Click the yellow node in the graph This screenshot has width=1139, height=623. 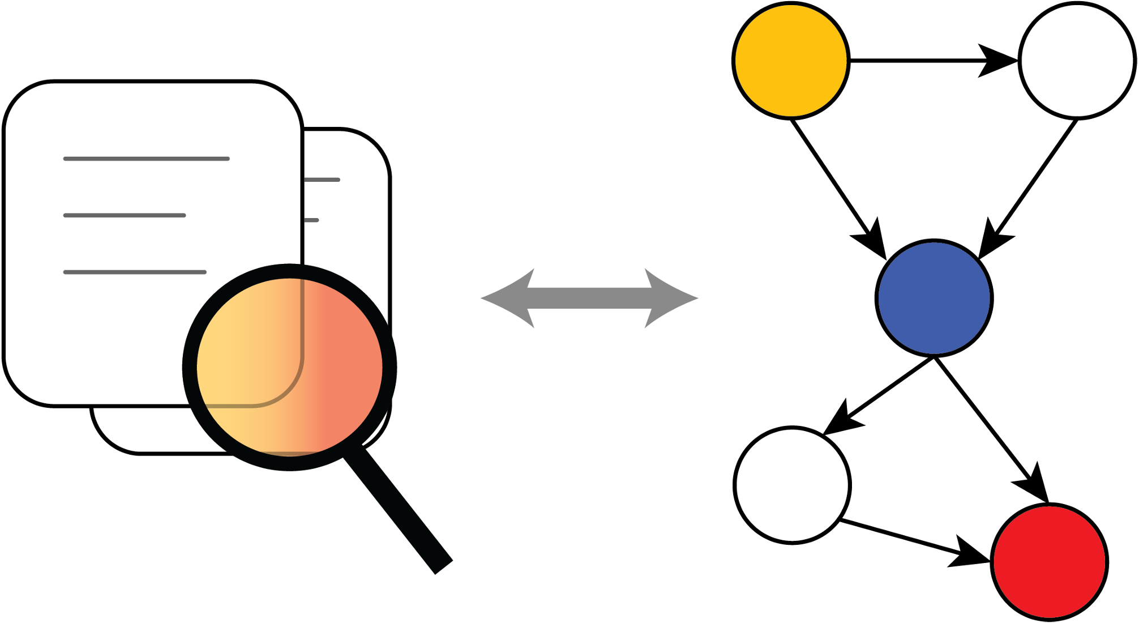click(x=791, y=61)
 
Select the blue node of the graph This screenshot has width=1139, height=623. click(x=934, y=298)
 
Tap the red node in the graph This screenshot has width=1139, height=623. click(x=1050, y=562)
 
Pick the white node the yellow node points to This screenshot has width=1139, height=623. click(x=1077, y=61)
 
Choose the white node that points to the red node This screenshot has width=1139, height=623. click(x=792, y=485)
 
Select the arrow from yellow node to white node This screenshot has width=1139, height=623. click(x=928, y=60)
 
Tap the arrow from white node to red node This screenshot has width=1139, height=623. click(x=906, y=538)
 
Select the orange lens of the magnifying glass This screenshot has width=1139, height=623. click(x=289, y=367)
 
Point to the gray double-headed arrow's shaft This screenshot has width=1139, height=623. click(x=589, y=298)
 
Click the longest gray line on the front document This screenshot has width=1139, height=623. click(x=146, y=159)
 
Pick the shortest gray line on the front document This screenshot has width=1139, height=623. click(x=125, y=215)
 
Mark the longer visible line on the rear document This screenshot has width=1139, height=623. click(x=322, y=180)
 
